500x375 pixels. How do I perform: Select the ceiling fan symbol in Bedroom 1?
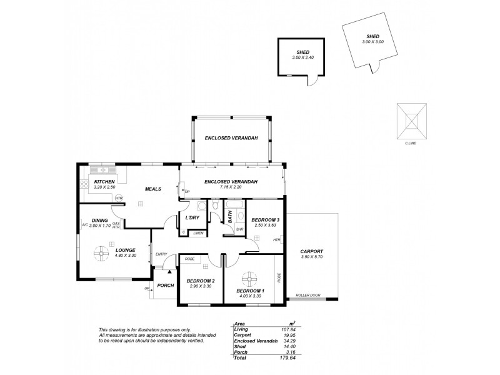pos(250,279)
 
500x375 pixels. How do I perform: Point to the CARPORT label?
pos(311,251)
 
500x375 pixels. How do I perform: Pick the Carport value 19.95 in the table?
pos(289,334)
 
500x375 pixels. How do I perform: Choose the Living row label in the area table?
pos(240,329)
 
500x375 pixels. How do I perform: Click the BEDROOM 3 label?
pos(265,220)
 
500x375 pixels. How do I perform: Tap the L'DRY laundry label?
pos(192,217)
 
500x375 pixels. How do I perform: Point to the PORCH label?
pos(165,286)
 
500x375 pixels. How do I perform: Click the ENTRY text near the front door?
pos(161,253)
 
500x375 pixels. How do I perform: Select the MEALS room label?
pos(154,188)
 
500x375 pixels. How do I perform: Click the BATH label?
pos(230,217)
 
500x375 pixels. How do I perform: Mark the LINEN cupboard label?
pos(198,233)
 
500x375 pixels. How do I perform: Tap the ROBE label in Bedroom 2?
pos(189,257)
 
